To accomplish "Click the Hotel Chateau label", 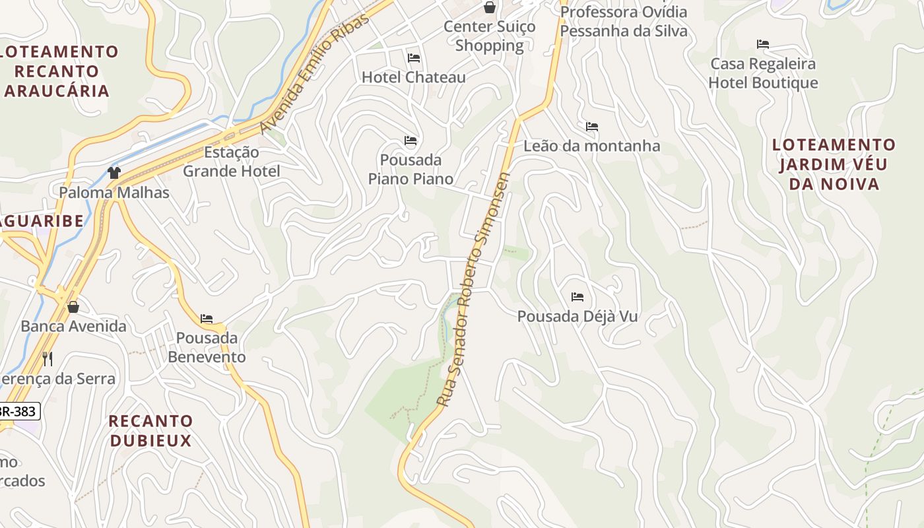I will tap(413, 77).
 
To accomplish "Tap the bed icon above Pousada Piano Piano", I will tap(411, 141).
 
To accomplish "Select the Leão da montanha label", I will tap(591, 146).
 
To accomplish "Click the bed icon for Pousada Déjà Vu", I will tap(577, 297).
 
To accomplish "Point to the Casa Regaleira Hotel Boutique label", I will tap(763, 73).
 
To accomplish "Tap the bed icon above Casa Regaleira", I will tap(763, 44).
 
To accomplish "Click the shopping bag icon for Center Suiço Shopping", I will tap(490, 7).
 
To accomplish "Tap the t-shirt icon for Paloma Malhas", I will tap(114, 173).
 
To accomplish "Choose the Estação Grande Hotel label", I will tap(231, 162).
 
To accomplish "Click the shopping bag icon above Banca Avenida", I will tap(73, 307).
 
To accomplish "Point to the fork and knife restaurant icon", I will tap(48, 358).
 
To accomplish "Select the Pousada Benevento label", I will tap(207, 348).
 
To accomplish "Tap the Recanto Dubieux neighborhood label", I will tap(150, 431).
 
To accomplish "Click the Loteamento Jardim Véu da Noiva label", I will tap(834, 164).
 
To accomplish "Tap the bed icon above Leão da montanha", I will tap(592, 126).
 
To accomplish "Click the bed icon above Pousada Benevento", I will tap(207, 319).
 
